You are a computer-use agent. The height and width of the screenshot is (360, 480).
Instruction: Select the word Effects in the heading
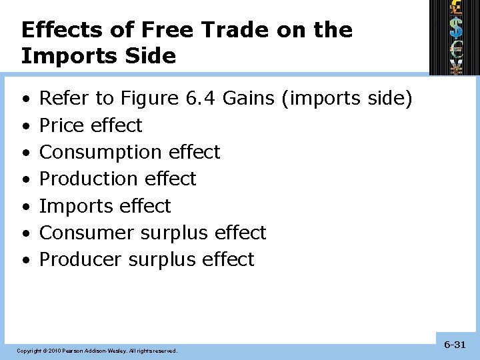pos(61,30)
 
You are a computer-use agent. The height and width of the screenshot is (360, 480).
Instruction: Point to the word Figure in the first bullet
pos(149,99)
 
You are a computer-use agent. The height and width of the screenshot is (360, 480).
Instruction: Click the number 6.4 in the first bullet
pos(201,99)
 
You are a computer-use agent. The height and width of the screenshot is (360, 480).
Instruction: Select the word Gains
pos(249,99)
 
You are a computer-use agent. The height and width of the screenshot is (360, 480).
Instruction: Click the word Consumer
pos(88,233)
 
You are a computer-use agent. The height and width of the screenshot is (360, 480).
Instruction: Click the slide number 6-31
pos(455,345)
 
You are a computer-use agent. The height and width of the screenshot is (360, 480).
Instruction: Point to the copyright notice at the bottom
pos(97,350)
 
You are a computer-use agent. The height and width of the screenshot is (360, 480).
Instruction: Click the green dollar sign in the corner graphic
pos(456,27)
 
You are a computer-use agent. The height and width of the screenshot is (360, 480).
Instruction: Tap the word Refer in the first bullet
pos(64,99)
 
